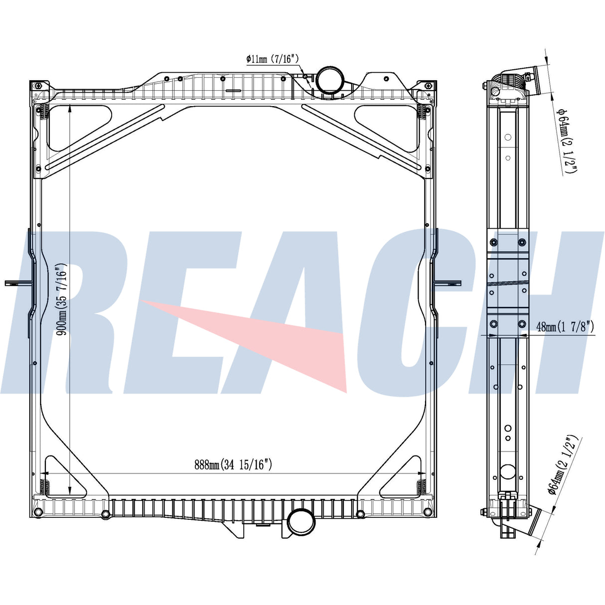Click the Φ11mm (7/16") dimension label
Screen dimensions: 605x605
coord(272,59)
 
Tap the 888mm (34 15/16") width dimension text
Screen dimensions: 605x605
coord(233,464)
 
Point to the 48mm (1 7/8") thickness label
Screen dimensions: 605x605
coord(565,327)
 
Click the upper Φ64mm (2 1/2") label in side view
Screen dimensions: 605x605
coord(566,141)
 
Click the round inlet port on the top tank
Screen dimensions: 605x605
coord(330,80)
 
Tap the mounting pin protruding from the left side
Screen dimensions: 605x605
coord(18,283)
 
